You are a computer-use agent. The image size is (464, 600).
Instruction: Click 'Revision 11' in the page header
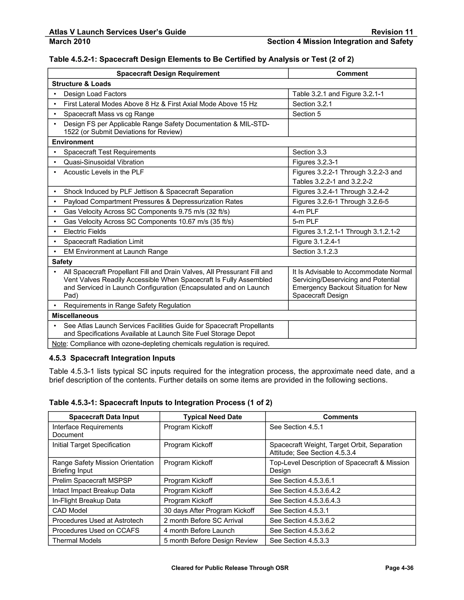pyautogui.click(x=392, y=32)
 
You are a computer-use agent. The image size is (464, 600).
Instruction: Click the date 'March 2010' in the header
pyautogui.click(x=70, y=41)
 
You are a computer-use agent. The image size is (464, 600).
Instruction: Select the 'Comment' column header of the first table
pyautogui.click(x=352, y=74)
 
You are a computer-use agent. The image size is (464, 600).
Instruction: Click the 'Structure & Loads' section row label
pyautogui.click(x=81, y=84)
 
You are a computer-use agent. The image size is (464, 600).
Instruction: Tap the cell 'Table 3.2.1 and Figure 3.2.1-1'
pyautogui.click(x=338, y=94)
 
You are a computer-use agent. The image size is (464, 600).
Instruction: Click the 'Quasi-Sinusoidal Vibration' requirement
pyautogui.click(x=104, y=162)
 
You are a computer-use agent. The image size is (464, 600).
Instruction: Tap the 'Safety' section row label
pyautogui.click(x=62, y=262)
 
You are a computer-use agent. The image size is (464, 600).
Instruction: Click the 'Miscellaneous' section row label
pyautogui.click(x=75, y=316)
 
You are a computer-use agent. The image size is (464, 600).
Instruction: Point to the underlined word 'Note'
pyautogui.click(x=59, y=344)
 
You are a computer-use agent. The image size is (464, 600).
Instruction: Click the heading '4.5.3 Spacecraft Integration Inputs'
pyautogui.click(x=112, y=358)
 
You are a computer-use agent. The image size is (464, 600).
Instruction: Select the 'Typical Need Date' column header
pyautogui.click(x=213, y=417)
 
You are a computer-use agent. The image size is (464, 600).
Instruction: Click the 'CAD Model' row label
pyautogui.click(x=70, y=510)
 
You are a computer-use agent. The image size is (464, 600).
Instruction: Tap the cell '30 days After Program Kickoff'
pyautogui.click(x=209, y=510)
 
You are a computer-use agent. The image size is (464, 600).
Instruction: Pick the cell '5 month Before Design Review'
pyautogui.click(x=210, y=540)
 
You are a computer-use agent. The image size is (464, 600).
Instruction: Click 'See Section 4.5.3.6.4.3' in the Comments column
pyautogui.click(x=305, y=501)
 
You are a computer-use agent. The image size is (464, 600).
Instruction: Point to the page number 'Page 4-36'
pyautogui.click(x=399, y=568)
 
